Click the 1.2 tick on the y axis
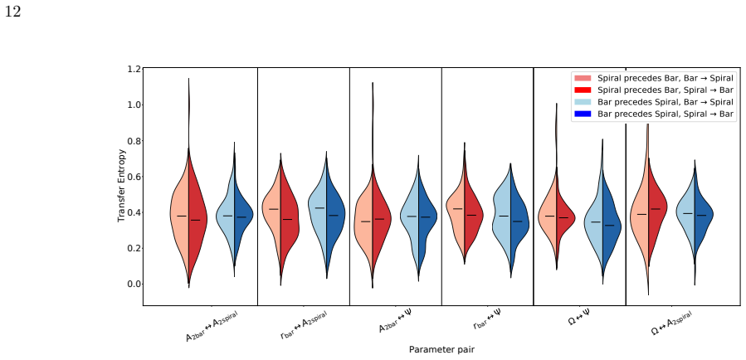[134, 69]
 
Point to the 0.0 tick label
[134, 284]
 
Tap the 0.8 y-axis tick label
[134, 141]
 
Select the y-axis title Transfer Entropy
[122, 186]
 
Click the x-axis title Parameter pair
[441, 349]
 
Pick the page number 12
[12, 12]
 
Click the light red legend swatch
[583, 78]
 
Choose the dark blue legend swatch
[583, 114]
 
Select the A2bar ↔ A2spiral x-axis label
[212, 326]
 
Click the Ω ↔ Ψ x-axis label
[579, 318]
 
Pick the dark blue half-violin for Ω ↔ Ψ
[612, 223]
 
